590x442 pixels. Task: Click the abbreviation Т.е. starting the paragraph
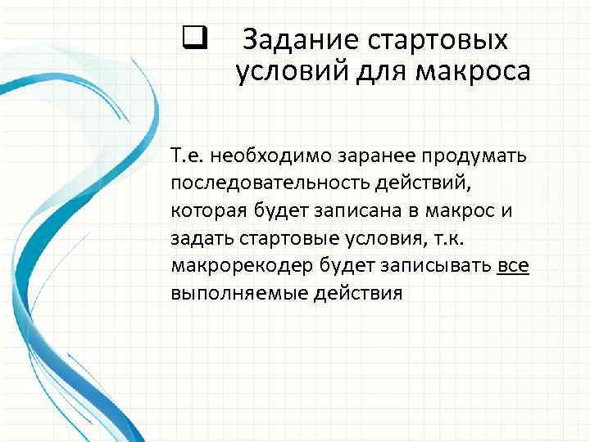(186, 156)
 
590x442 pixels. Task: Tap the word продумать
(470, 156)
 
